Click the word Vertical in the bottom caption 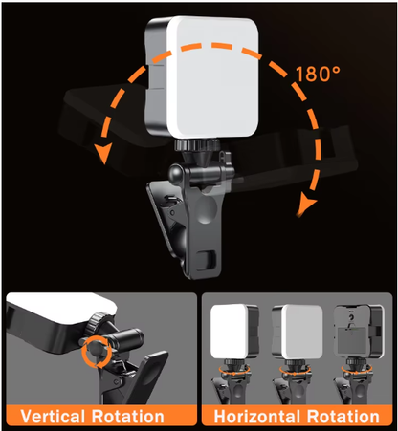55,417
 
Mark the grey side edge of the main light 149,72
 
